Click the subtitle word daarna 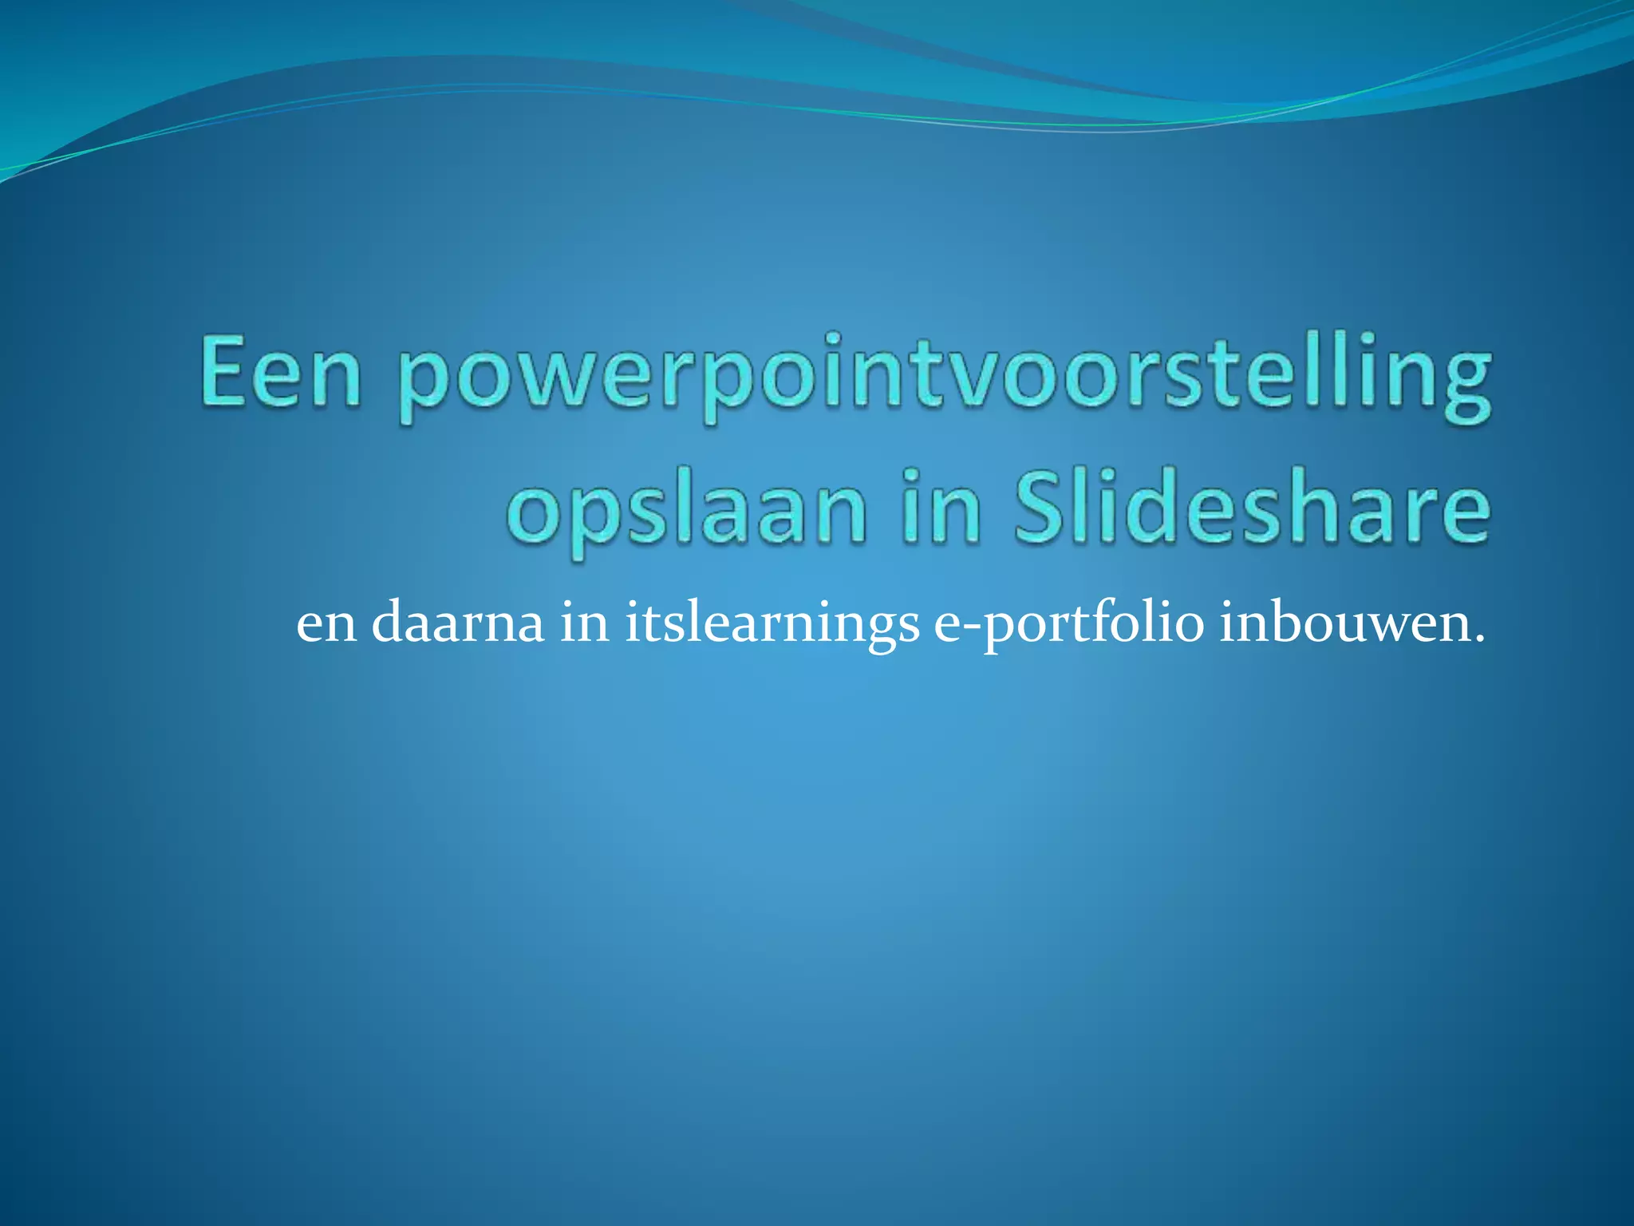point(458,623)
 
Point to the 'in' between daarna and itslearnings point(585,623)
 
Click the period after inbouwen point(1478,639)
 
